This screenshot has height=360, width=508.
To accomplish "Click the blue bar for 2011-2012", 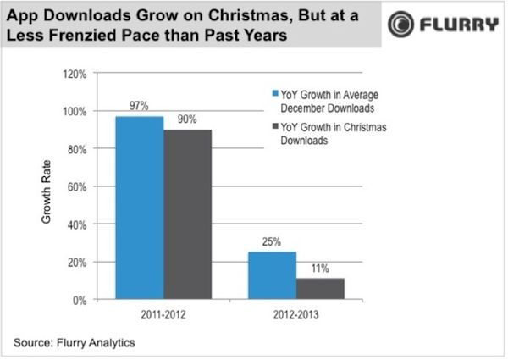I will [x=139, y=208].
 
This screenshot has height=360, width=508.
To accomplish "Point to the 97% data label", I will [x=139, y=107].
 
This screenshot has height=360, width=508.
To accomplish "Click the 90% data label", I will [x=188, y=119].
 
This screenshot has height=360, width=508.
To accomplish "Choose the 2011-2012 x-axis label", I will [x=163, y=314].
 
